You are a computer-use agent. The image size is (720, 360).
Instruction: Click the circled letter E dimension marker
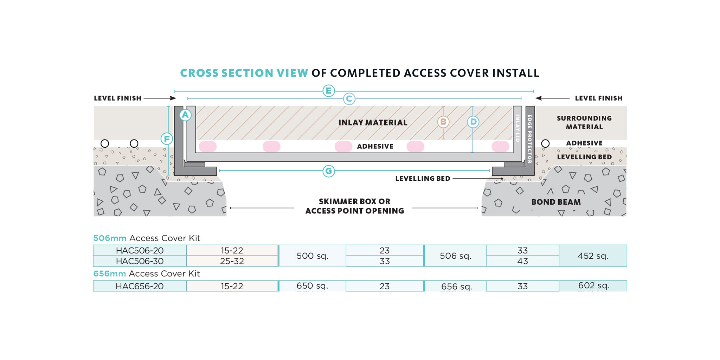point(328,91)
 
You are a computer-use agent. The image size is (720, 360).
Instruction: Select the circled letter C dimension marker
point(349,99)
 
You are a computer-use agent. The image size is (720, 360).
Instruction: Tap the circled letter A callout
point(185,115)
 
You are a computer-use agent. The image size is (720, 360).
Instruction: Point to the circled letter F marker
point(167,139)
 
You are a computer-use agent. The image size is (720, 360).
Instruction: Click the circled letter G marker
point(328,171)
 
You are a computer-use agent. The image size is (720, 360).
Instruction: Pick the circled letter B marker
point(443,122)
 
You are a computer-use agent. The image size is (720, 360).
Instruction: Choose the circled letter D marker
point(473,122)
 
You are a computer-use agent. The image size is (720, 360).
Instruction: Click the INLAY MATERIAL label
point(373,123)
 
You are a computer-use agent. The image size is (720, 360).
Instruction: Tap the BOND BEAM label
point(556,202)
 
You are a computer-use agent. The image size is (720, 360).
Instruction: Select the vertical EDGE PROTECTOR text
point(530,139)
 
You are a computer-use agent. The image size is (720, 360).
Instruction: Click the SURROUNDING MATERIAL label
point(584,122)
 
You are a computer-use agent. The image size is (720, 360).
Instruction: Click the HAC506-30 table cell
point(140,261)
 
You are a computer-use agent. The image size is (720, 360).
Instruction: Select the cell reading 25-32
point(232,261)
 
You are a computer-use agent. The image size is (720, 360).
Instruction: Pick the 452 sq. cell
point(593,256)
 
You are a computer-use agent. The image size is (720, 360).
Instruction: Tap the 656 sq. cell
point(456,287)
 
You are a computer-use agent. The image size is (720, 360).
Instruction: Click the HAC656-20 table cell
point(140,286)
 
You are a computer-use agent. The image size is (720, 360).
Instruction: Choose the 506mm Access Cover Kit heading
point(147,238)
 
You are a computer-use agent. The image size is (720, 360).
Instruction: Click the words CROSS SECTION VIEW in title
point(244,73)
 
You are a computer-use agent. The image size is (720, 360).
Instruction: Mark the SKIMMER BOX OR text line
point(354,201)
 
